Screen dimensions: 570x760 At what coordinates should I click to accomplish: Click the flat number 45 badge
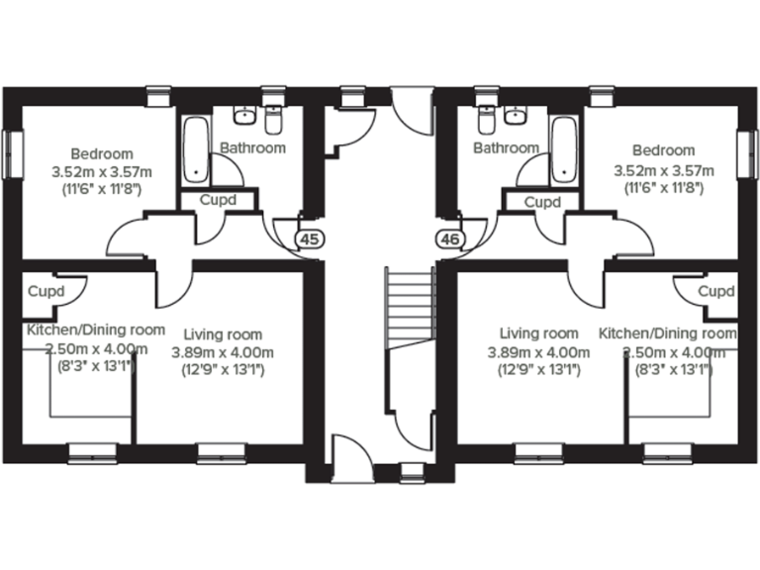pos(310,238)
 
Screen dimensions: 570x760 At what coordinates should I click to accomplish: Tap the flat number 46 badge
pos(449,238)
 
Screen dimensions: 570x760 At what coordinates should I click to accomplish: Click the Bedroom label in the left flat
pos(101,153)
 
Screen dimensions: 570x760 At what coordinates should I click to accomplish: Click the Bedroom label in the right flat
pos(663,150)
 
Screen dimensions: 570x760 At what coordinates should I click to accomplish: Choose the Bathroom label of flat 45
pos(252,148)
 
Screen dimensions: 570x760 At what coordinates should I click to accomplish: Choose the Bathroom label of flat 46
pos(506,148)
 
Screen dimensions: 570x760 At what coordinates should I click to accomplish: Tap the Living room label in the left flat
pos(223,334)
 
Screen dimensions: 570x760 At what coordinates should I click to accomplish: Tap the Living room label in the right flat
pos(538,333)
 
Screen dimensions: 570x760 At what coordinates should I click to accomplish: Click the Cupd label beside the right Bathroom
pos(541,201)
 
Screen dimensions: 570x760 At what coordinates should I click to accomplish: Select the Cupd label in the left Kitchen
pos(46,292)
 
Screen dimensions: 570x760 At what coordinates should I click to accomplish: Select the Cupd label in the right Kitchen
pos(715,292)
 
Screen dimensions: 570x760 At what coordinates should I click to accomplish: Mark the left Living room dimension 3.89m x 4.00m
pos(223,352)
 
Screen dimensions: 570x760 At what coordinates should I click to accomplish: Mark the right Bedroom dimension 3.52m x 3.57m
pos(663,169)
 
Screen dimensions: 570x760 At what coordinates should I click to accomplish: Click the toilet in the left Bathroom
pos(275,121)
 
